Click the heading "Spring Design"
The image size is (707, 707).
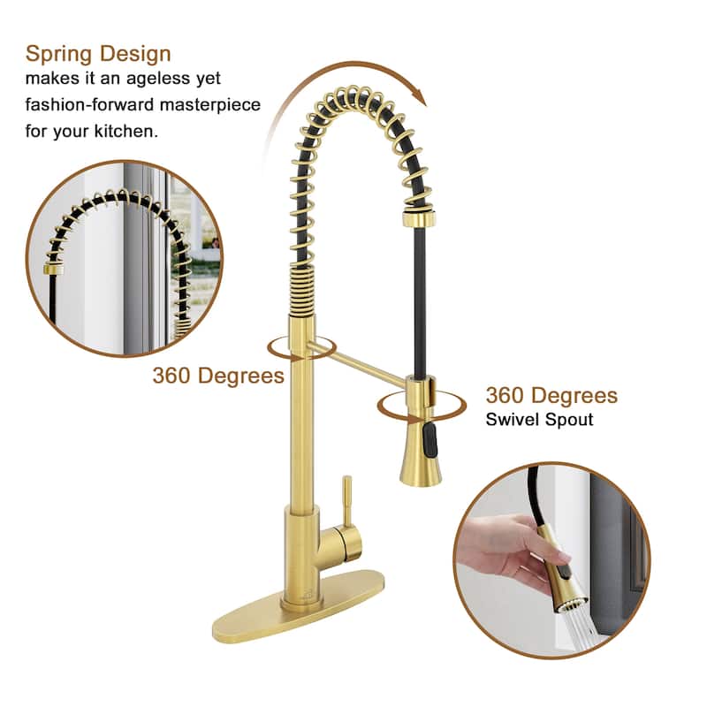98,55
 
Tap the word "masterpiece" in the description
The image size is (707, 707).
210,104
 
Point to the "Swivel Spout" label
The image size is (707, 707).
539,420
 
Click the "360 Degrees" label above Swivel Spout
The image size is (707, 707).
551,395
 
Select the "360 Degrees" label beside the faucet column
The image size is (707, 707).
218,375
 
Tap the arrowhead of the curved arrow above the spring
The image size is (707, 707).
422,96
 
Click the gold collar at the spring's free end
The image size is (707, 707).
418,218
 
